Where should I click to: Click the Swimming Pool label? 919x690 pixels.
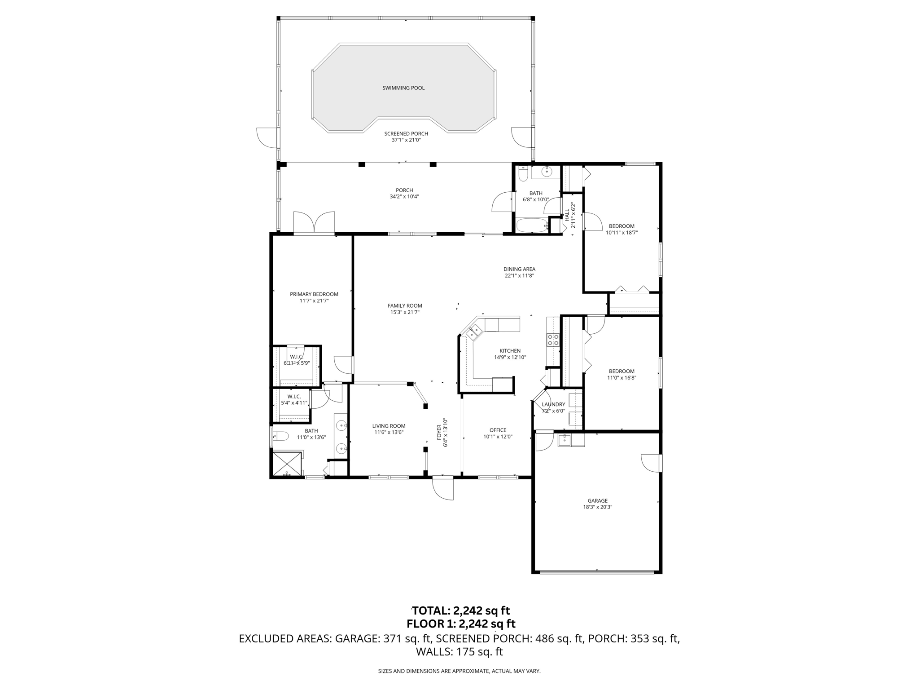[403, 88]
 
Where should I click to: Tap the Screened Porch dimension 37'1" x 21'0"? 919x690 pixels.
[406, 140]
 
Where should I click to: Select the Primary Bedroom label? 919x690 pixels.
[314, 294]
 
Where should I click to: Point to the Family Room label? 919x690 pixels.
[405, 306]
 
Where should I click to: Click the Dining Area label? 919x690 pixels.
[519, 270]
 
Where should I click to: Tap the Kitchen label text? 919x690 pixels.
[510, 351]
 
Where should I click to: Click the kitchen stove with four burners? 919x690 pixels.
[553, 340]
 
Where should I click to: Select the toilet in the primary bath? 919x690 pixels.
[280, 436]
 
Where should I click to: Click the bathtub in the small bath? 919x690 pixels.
[531, 226]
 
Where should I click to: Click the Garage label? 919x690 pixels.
[597, 501]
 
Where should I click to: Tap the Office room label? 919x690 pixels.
[498, 430]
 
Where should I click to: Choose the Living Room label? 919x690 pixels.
[389, 426]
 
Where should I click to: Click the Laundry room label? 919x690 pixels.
[553, 404]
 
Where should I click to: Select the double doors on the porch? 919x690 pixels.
[314, 223]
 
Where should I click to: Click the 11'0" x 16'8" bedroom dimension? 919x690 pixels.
[621, 378]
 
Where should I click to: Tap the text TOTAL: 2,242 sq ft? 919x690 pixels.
[460, 610]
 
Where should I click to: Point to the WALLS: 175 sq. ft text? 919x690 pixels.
[459, 652]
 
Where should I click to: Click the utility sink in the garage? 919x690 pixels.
[565, 440]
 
